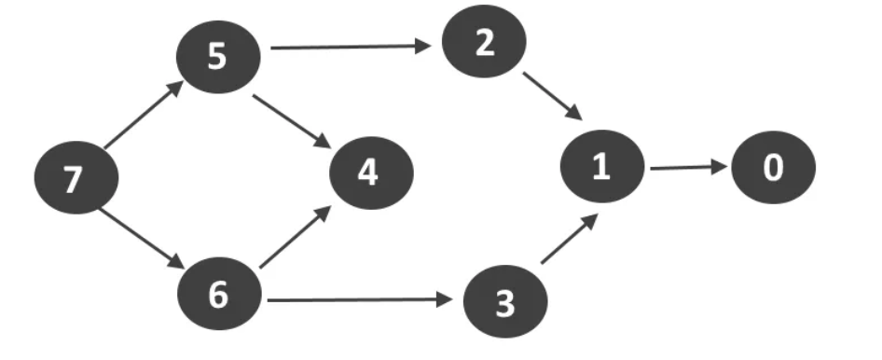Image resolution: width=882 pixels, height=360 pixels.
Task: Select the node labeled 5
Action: (x=217, y=58)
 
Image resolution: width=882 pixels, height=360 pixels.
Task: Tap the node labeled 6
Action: (x=217, y=295)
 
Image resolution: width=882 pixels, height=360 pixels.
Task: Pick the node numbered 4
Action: (x=369, y=173)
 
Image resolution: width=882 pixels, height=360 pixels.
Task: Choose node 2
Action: (x=484, y=44)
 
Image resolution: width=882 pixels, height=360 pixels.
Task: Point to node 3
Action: (x=504, y=302)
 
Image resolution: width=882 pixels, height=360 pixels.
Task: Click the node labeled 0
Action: (x=773, y=169)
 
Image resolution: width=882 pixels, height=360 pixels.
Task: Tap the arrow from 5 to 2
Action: (x=349, y=46)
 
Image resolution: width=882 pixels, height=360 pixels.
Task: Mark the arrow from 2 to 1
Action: (x=552, y=97)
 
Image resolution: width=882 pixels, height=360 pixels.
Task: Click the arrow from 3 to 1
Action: (x=567, y=241)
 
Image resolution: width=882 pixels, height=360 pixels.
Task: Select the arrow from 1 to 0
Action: (x=688, y=168)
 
